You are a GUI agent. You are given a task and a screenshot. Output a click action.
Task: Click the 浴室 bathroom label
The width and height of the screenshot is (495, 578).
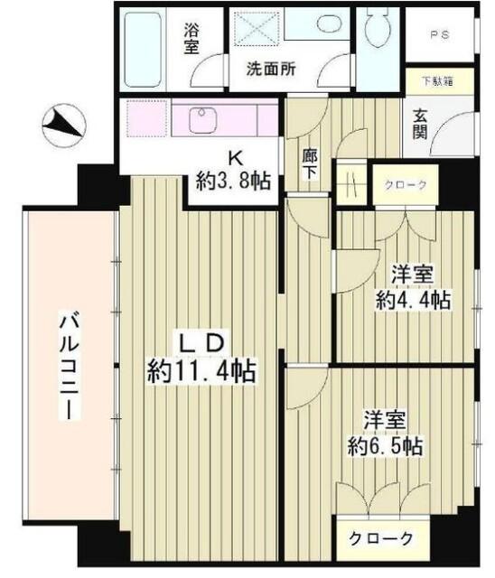point(191,39)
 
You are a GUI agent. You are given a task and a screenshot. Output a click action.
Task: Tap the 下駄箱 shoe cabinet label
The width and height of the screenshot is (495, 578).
point(438,79)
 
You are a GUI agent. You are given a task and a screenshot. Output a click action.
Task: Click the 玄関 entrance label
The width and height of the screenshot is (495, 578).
point(421,125)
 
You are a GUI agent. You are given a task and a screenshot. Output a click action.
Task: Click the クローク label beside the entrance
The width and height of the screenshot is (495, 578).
point(406,185)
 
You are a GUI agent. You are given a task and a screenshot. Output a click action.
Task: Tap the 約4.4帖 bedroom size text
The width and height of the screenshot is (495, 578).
point(413,300)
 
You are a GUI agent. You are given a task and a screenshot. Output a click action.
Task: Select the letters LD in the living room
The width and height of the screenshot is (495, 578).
point(203,341)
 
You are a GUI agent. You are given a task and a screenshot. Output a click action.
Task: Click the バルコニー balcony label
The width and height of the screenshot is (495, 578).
point(69,366)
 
